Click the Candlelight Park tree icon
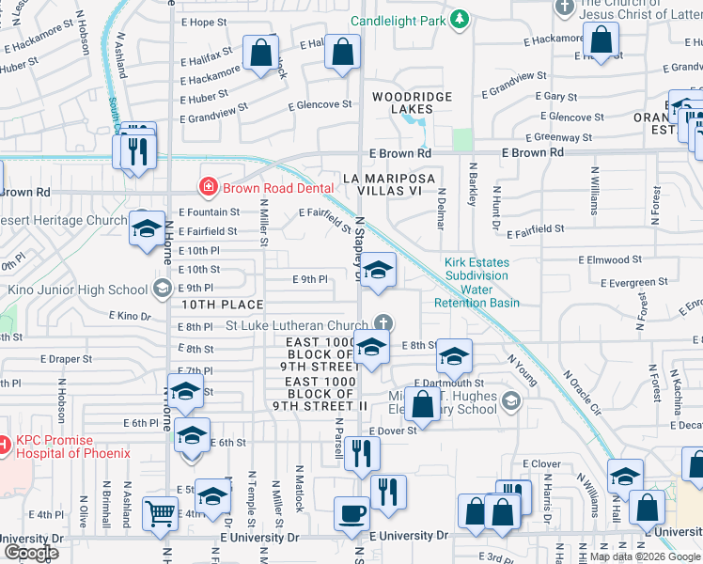pos(459,19)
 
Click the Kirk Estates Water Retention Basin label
pos(477,283)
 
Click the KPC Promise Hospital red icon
pos(5,442)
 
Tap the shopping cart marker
pos(158,513)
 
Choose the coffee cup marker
pos(351,512)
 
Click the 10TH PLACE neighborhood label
pos(222,305)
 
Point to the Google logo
pos(31,553)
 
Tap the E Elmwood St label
pos(610,258)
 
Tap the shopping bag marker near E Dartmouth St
pos(423,404)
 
